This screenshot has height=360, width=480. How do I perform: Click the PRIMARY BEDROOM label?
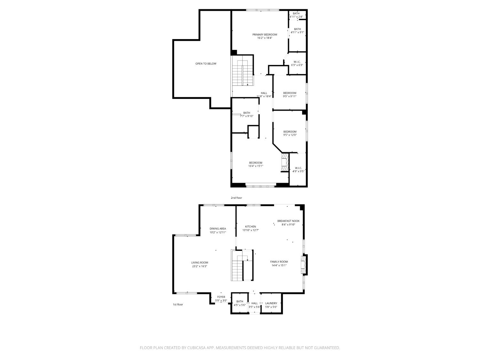click(265, 35)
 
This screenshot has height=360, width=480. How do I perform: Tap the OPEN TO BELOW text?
click(206, 64)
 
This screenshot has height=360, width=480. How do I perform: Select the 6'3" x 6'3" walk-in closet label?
click(297, 65)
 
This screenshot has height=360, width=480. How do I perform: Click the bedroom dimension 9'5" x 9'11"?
click(290, 96)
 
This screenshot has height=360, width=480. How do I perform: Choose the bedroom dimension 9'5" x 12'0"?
click(290, 135)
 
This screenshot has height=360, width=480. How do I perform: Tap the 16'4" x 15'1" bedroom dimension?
click(256, 166)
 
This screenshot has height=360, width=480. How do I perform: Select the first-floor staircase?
click(242, 265)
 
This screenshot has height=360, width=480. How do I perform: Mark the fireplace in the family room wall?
click(304, 265)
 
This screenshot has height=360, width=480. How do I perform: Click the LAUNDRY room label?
click(271, 303)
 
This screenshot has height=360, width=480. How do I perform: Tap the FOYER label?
click(221, 297)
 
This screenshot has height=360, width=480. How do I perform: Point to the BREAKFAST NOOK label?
click(288, 221)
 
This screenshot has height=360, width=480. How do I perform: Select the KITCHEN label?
click(250, 227)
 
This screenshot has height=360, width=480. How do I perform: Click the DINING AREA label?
click(218, 228)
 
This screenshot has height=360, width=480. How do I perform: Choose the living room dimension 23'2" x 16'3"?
click(199, 266)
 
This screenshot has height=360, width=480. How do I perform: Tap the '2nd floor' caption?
click(236, 198)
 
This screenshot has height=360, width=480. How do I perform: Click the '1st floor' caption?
click(178, 305)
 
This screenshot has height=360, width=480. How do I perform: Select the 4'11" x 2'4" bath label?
click(296, 17)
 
